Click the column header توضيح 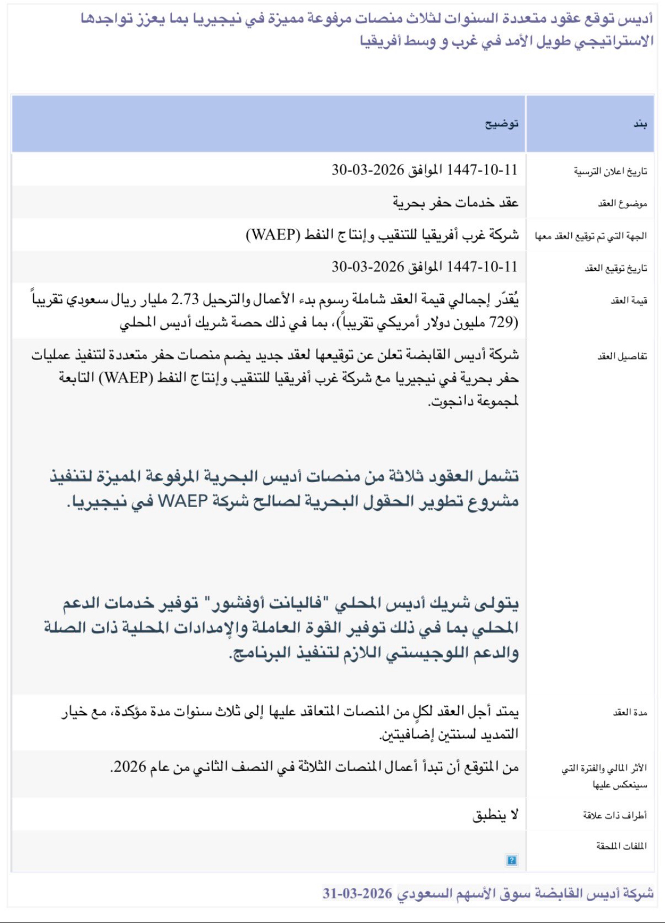(501, 124)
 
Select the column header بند (640, 124)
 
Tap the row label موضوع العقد (623, 204)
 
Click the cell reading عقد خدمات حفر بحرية (455, 203)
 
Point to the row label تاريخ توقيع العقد (616, 268)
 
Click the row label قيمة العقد (629, 300)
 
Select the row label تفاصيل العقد (622, 356)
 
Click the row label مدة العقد (630, 713)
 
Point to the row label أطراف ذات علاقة (615, 816)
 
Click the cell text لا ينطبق (495, 815)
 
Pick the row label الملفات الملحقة (621, 846)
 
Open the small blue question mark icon (512, 860)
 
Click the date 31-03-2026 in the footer (357, 893)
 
